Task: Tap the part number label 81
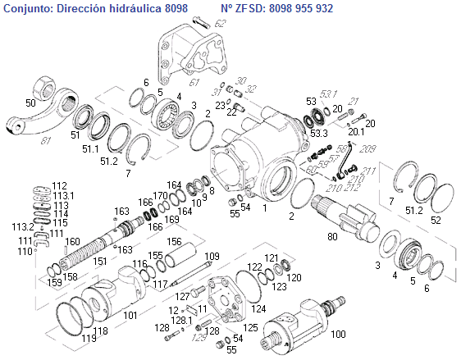point(45,141)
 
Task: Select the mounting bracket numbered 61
point(193,55)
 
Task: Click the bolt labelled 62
point(201,23)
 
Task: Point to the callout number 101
point(130,316)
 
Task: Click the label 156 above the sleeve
point(175,242)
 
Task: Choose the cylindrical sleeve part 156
point(180,254)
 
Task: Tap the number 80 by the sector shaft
point(332,236)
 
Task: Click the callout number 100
point(339,334)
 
